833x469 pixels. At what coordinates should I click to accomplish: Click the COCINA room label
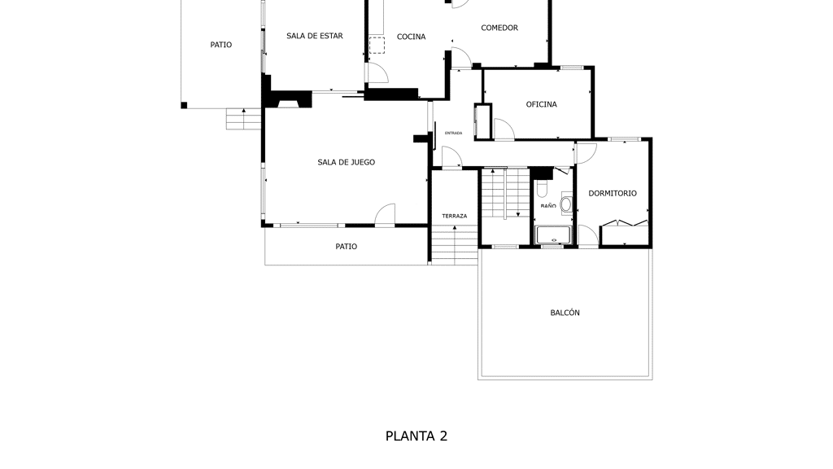tap(411, 37)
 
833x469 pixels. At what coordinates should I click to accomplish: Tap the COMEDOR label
tap(499, 28)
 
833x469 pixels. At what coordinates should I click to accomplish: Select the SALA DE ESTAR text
tap(315, 36)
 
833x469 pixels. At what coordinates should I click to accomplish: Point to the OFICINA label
tap(541, 104)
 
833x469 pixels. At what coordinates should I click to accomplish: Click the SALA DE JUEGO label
tap(347, 162)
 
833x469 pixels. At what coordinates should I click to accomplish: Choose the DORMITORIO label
tap(613, 193)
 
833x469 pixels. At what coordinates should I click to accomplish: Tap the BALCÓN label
tap(565, 313)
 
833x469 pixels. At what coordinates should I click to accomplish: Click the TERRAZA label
tap(454, 216)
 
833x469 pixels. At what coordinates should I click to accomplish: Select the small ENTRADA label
tap(453, 133)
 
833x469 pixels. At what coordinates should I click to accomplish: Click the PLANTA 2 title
tap(416, 436)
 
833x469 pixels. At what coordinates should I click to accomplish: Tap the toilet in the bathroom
tap(543, 188)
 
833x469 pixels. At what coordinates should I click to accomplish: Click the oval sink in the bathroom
tap(566, 204)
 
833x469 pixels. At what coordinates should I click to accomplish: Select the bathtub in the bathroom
tap(553, 235)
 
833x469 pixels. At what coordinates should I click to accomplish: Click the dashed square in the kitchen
tap(377, 46)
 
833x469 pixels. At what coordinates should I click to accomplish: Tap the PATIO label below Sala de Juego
tap(347, 246)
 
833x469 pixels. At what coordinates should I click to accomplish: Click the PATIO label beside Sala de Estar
tap(221, 45)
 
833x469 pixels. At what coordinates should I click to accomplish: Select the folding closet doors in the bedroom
tap(625, 223)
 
